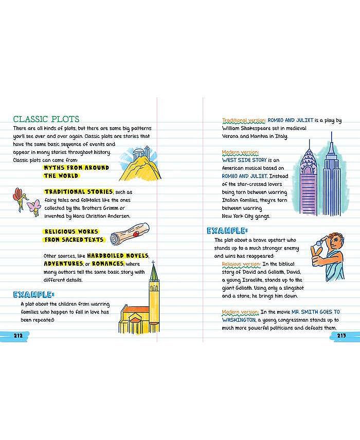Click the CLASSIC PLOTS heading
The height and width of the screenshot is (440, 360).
(x=46, y=119)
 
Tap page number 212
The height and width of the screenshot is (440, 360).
(x=18, y=336)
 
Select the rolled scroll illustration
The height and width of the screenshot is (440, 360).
(x=130, y=235)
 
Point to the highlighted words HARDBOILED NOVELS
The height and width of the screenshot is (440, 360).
(x=118, y=256)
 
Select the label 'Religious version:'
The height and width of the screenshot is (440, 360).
(x=241, y=264)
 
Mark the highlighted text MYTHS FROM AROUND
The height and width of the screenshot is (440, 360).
(x=77, y=168)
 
